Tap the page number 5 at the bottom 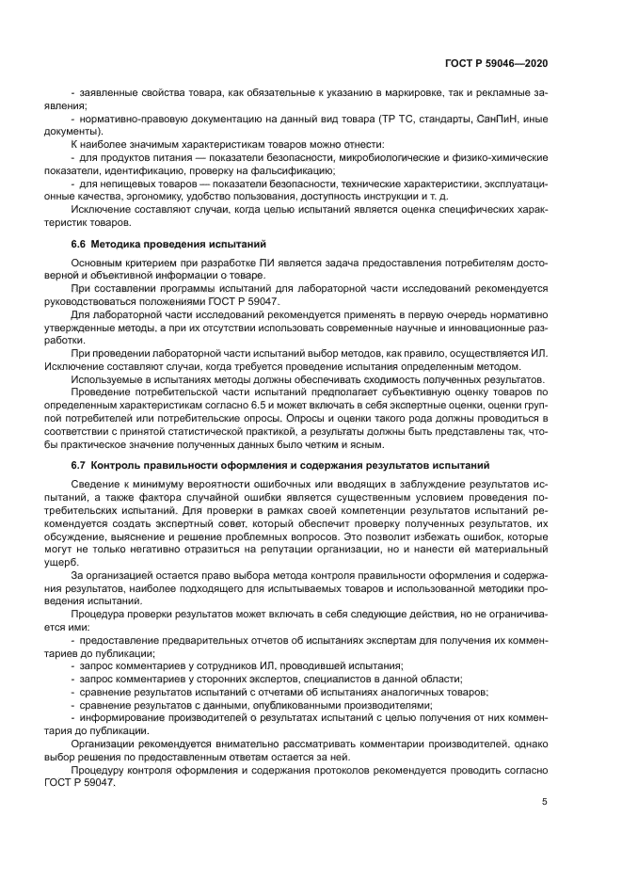pyautogui.click(x=545, y=802)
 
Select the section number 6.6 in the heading pyautogui.click(x=80, y=244)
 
